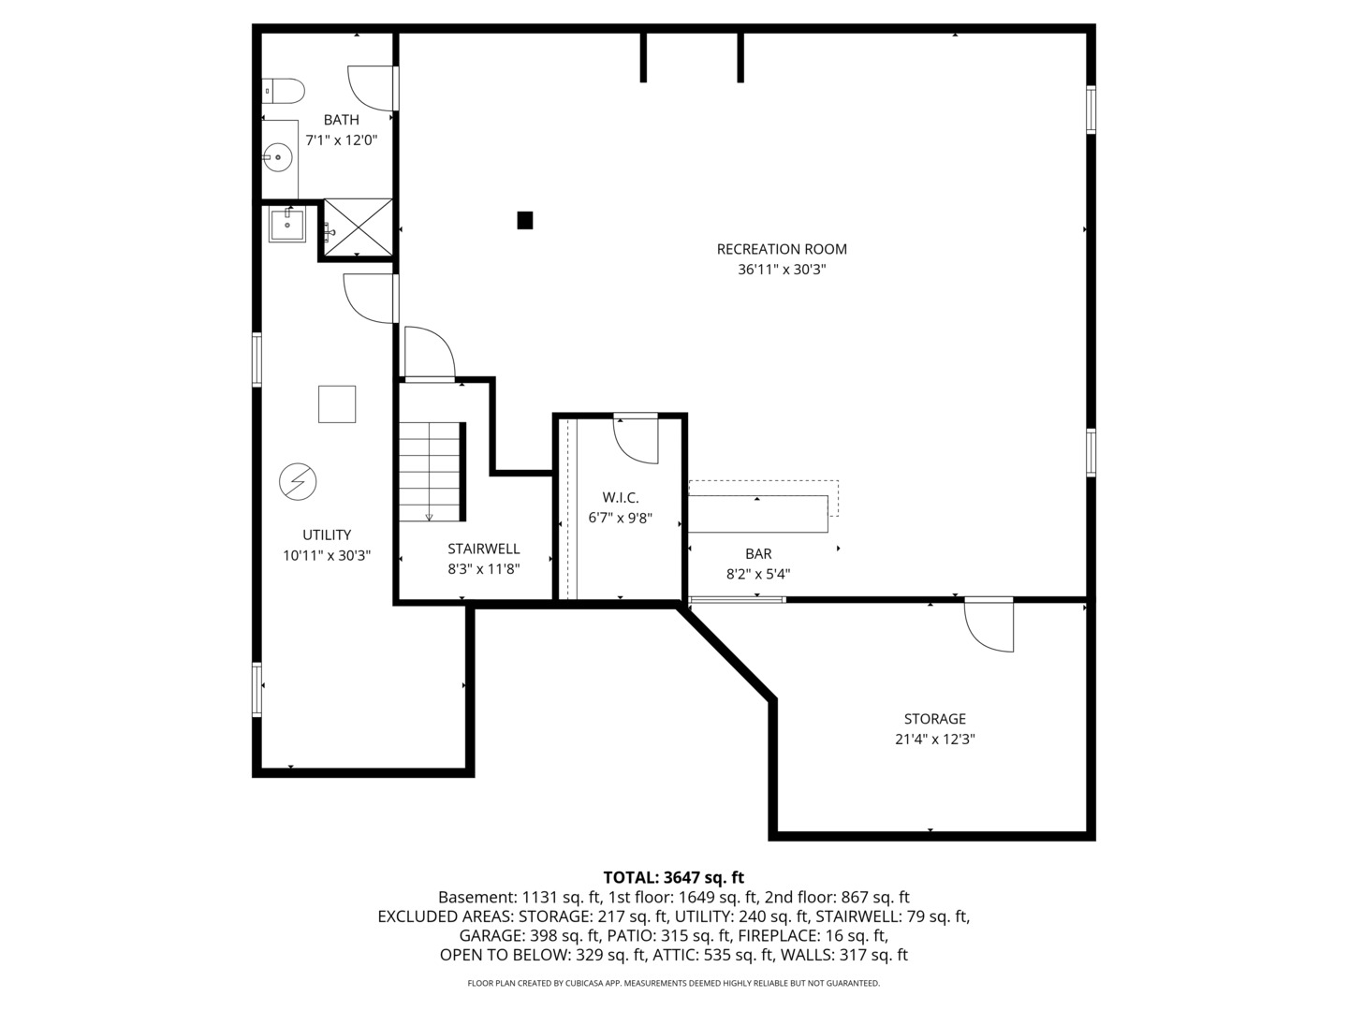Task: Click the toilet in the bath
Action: [x=284, y=91]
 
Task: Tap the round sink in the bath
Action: [x=277, y=157]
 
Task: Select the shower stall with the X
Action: [x=358, y=227]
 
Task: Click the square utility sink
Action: [x=286, y=225]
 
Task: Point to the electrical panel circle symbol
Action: [x=298, y=482]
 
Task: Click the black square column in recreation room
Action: [x=525, y=220]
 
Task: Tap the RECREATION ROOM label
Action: [x=782, y=249]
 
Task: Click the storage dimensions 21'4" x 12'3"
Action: [x=934, y=739]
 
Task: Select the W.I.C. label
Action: [x=620, y=497]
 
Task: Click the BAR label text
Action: [x=758, y=554]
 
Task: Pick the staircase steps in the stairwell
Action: [x=432, y=472]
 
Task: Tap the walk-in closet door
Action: [x=637, y=440]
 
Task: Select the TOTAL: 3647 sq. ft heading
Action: [x=673, y=877]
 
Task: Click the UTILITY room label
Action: [x=327, y=535]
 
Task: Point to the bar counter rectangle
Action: [x=758, y=513]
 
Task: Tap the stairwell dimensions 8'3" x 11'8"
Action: [x=483, y=568]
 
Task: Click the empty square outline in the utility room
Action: [x=337, y=404]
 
